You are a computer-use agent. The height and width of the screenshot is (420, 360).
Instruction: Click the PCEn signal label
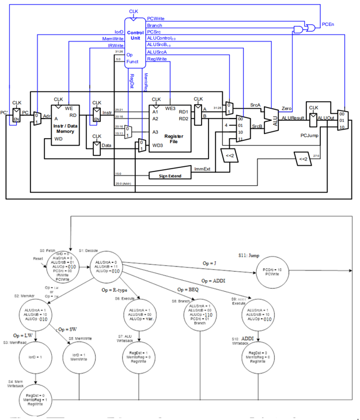tap(328, 24)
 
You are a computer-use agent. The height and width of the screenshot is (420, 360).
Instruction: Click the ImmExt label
tap(203, 169)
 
